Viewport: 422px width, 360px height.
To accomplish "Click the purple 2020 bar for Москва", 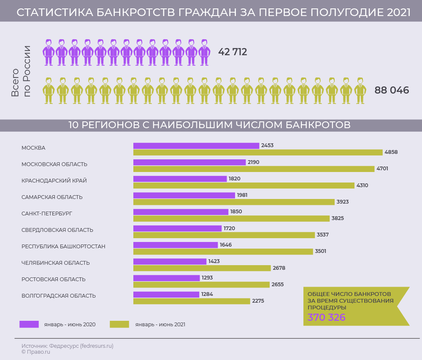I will coord(196,145).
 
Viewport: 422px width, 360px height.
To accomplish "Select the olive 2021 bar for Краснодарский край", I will coord(244,185).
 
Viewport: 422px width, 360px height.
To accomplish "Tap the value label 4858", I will coord(391,152).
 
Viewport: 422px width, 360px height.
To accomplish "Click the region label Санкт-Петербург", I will coord(47,214).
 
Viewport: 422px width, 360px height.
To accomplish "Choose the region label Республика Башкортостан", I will coord(63,247).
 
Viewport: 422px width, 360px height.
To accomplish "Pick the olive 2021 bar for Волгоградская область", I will coord(192,301).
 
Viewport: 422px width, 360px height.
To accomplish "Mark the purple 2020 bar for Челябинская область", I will coord(170,261).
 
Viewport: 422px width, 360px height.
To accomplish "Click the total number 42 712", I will coord(233,52).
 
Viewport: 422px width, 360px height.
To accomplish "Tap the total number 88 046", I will coord(392,90).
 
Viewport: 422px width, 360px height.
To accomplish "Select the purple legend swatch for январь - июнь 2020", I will coord(29,324).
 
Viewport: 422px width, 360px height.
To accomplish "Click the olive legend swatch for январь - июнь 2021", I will coord(119,324).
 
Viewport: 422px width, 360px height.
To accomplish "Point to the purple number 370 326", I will coord(326,318).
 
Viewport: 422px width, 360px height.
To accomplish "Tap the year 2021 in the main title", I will coord(398,13).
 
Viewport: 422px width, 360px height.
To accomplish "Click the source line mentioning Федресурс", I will coord(68,346).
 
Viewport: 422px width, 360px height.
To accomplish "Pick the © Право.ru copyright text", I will coord(36,352).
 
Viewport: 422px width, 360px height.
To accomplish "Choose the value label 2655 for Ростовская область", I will coord(278,285).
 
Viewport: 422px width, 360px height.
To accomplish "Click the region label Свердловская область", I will coord(57,230).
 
